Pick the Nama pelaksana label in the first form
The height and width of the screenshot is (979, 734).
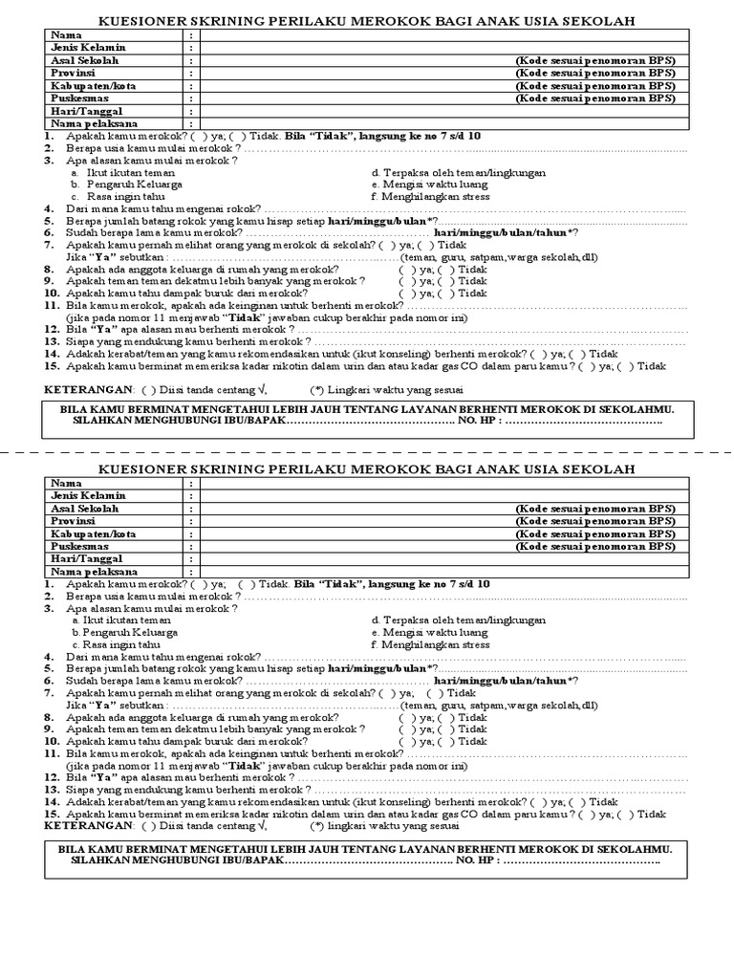94,123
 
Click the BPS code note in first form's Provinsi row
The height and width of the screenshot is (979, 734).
594,73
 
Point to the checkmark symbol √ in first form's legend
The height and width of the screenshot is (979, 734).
262,389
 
